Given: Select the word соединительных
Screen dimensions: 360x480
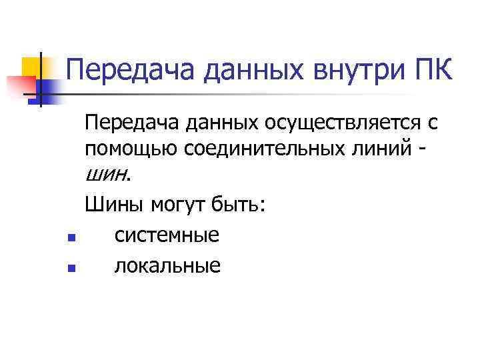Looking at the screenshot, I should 262,148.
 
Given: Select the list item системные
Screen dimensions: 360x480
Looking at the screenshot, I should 167,235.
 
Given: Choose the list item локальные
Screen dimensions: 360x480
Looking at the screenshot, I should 167,266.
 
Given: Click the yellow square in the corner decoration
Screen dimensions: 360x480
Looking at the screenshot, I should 32,65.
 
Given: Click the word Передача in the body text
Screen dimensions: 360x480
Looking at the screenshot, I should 127,122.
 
